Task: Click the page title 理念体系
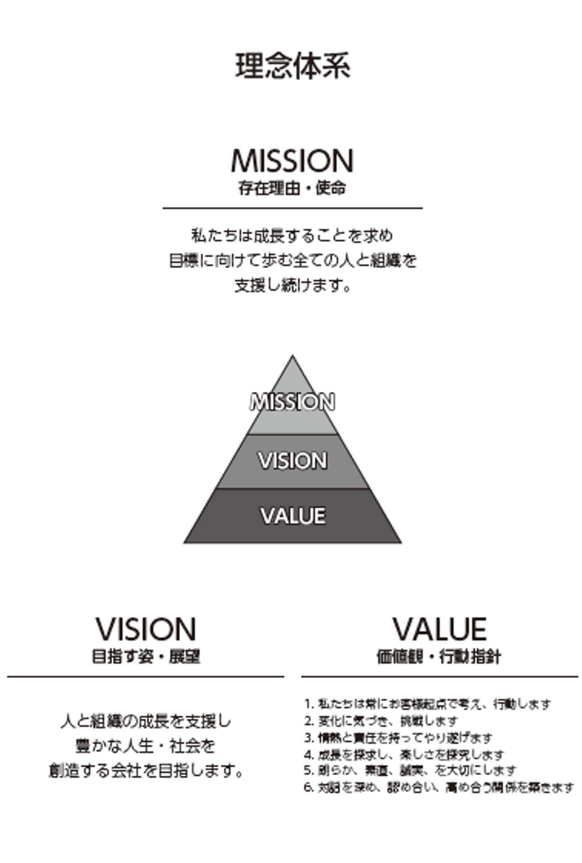[x=292, y=66]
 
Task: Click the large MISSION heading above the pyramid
[x=292, y=161]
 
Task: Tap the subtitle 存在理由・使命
[x=292, y=188]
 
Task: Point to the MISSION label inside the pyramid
[x=292, y=402]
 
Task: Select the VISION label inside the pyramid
[x=292, y=460]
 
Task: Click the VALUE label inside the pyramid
[x=293, y=516]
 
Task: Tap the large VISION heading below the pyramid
[x=145, y=630]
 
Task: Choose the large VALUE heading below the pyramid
[x=440, y=630]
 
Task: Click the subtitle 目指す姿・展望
[x=145, y=656]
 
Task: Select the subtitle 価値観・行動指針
[x=439, y=656]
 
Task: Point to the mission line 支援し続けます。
[x=292, y=286]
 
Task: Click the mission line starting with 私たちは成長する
[x=292, y=235]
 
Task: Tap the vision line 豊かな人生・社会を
[x=145, y=746]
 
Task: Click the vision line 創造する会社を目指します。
[x=145, y=770]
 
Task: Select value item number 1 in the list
[x=427, y=704]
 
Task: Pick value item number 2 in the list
[x=381, y=721]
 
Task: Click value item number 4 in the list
[x=404, y=755]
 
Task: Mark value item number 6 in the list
[x=439, y=788]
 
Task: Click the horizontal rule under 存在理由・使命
[x=292, y=208]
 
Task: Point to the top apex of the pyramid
[x=293, y=356]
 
